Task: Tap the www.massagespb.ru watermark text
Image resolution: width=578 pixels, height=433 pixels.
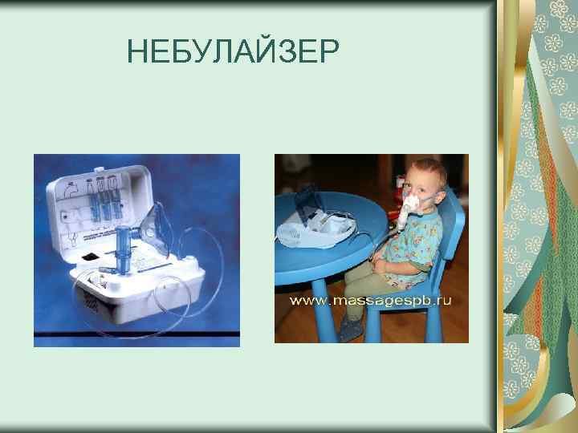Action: (371, 300)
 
